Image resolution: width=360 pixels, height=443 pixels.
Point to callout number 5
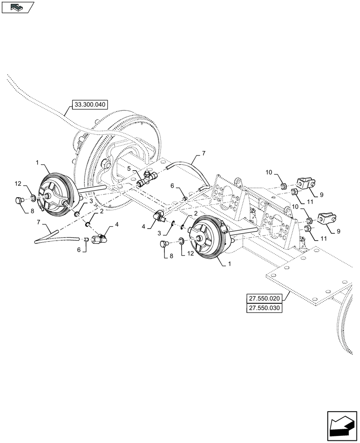click(129, 169)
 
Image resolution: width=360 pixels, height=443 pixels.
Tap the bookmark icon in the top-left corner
click(18, 7)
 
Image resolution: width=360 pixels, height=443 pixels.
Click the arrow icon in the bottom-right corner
click(341, 424)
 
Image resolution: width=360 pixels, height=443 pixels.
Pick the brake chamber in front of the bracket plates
click(207, 237)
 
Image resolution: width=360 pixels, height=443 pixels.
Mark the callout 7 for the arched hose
click(203, 153)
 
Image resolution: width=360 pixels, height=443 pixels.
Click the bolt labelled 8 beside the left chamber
click(19, 200)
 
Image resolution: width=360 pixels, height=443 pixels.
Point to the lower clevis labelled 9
click(327, 218)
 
